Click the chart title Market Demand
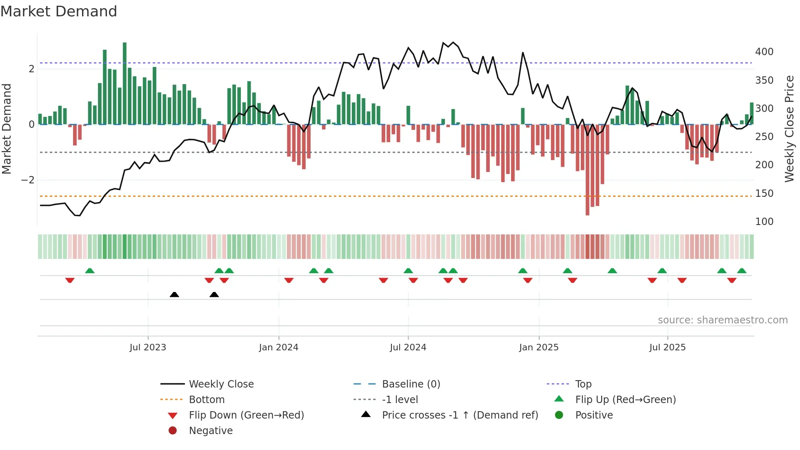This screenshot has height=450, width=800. click(x=59, y=11)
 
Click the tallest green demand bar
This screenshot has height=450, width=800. click(x=124, y=84)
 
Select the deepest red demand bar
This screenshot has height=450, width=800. click(x=587, y=169)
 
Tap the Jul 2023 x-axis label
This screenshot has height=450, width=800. click(x=148, y=348)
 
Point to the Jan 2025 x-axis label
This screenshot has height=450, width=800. click(x=539, y=348)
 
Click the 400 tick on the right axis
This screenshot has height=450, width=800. click(x=764, y=52)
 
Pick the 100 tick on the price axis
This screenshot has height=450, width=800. click(x=764, y=222)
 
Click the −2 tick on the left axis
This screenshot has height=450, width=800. click(x=28, y=180)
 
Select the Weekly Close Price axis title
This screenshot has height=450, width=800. click(x=789, y=129)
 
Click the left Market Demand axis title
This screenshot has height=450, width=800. click(x=7, y=129)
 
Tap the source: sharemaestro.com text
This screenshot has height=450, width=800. click(x=722, y=320)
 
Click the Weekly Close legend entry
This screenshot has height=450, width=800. click(x=221, y=384)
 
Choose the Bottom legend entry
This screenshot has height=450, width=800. click(x=207, y=400)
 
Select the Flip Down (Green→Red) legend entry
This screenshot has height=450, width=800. click(x=246, y=415)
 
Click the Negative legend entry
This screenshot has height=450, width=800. click(x=211, y=431)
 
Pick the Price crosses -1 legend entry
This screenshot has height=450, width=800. click(x=460, y=415)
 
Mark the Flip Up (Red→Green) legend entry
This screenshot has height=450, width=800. click(x=625, y=400)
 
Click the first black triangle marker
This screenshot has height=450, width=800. click(x=174, y=294)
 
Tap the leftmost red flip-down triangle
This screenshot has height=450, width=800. click(x=70, y=280)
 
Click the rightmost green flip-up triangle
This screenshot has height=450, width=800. click(x=742, y=271)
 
